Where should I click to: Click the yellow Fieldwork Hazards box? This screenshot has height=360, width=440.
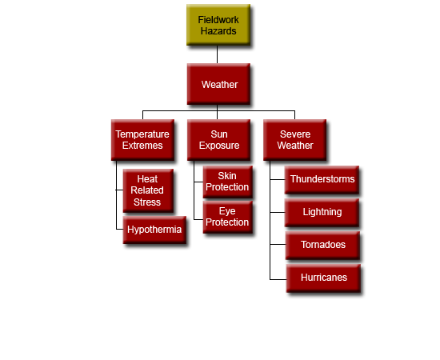218,25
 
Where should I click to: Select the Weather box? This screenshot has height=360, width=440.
218,84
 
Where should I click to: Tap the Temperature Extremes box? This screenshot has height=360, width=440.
142,140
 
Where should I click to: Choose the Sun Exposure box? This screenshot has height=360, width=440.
218,140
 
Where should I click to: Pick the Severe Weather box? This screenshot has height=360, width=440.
294,140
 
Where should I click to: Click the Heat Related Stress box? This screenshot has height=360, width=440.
148,190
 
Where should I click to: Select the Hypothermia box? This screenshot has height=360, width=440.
154,230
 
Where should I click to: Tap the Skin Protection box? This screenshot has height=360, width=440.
227,182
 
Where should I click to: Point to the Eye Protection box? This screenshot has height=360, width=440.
227,217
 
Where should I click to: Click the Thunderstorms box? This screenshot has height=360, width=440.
322,179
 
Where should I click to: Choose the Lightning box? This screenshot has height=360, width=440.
322,213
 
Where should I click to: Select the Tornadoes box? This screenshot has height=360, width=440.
322,245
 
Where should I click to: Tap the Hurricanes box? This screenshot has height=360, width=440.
323,278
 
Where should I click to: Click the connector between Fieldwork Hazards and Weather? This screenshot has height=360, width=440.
217,54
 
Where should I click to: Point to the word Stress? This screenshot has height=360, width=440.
147,202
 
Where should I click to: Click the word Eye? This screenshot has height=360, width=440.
227,211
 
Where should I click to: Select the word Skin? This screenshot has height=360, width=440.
227,176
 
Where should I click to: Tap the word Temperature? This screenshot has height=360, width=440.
142,134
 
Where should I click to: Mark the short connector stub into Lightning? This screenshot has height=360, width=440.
278,213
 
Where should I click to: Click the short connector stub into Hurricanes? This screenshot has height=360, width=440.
278,279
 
